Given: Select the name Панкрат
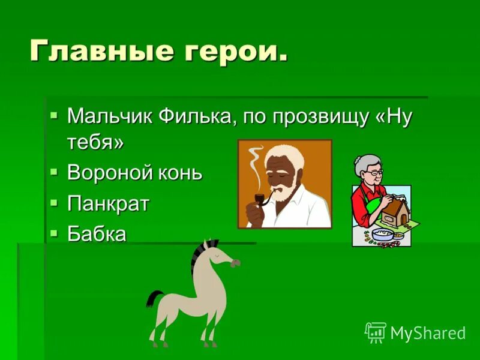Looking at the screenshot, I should (x=108, y=203).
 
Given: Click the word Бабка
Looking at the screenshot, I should (x=97, y=233).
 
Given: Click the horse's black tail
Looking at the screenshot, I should (x=154, y=298).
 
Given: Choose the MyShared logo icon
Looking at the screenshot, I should (x=376, y=332).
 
